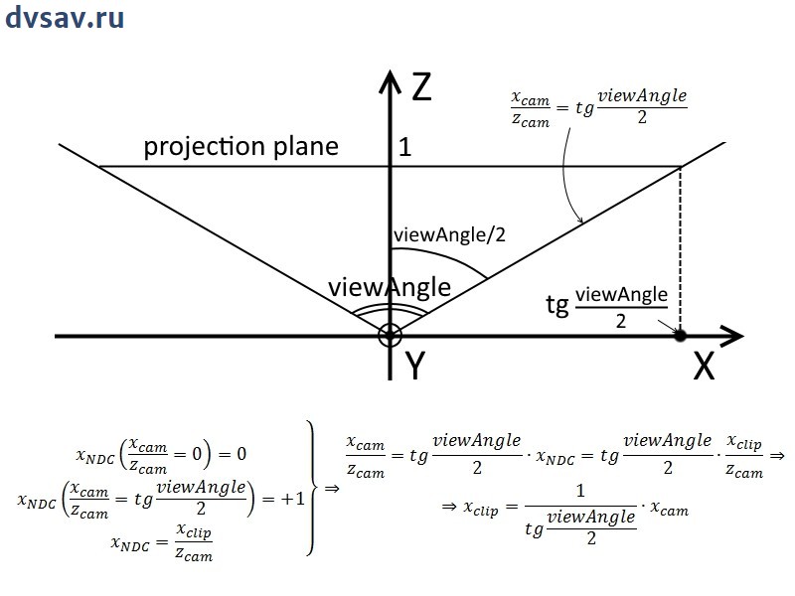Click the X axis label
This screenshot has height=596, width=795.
704,367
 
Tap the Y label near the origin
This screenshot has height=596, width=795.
415,367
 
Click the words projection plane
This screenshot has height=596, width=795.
240,147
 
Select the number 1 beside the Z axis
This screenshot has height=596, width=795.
404,148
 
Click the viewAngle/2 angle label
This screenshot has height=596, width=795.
449,235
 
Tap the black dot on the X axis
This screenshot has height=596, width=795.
680,336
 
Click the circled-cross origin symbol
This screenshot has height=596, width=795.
390,336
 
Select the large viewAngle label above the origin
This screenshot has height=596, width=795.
389,288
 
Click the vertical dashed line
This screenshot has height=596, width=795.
680,248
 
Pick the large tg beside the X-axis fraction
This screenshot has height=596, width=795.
557,305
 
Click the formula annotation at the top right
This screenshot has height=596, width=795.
598,106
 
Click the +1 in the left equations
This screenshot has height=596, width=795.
292,499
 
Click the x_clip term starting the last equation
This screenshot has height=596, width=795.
483,507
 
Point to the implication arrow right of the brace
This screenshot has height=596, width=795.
331,488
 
